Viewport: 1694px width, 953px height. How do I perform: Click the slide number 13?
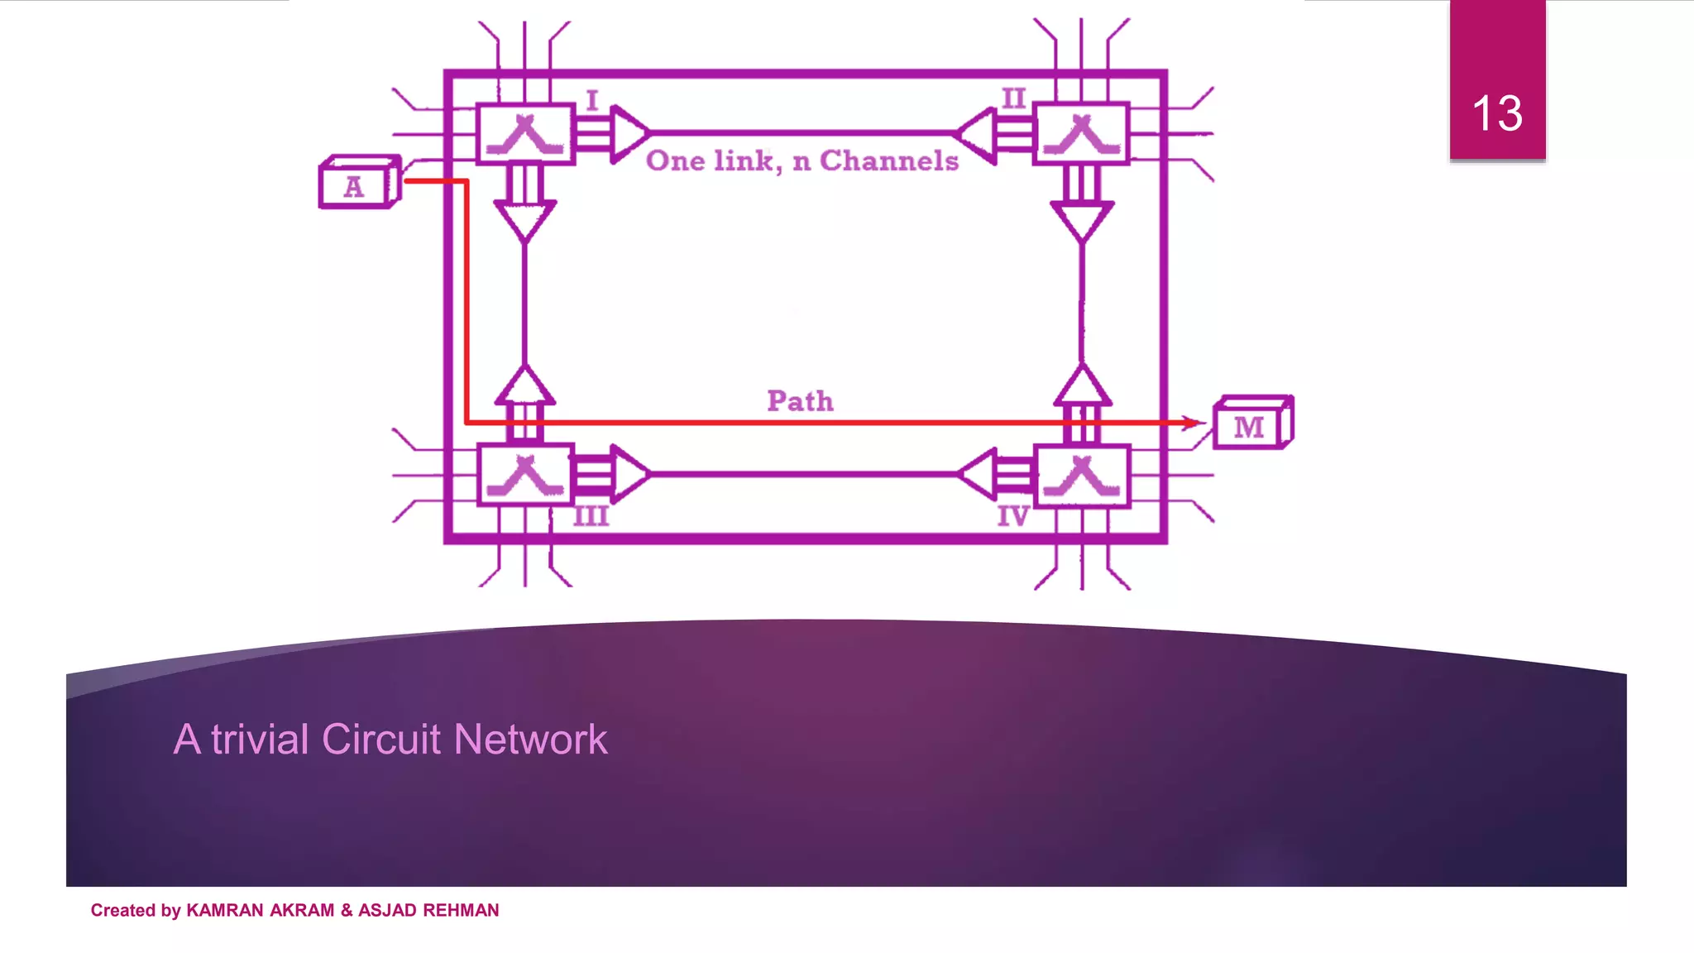click(1496, 113)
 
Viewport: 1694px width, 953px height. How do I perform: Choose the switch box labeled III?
click(525, 474)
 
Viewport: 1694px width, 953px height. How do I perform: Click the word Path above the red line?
click(800, 401)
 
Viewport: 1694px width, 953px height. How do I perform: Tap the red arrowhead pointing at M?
click(1192, 423)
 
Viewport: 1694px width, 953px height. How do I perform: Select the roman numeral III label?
click(591, 517)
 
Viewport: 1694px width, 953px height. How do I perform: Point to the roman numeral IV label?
click(1012, 517)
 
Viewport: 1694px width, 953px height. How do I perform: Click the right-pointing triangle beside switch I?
click(629, 133)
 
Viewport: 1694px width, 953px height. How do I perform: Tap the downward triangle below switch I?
click(524, 220)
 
